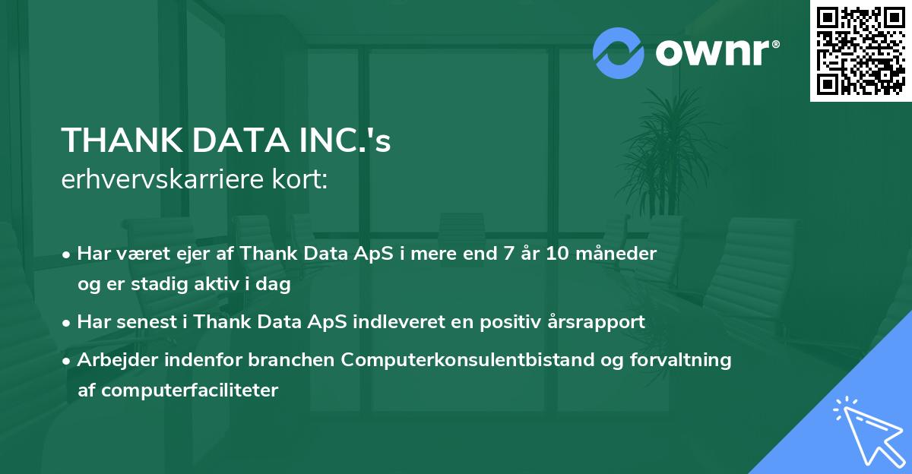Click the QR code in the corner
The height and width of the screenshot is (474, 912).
[860, 51]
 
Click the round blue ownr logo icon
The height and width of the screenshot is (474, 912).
[618, 53]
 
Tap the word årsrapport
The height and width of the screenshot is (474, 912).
[603, 322]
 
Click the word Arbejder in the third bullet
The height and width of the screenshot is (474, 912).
[111, 360]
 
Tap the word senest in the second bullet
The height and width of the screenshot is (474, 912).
[143, 322]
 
